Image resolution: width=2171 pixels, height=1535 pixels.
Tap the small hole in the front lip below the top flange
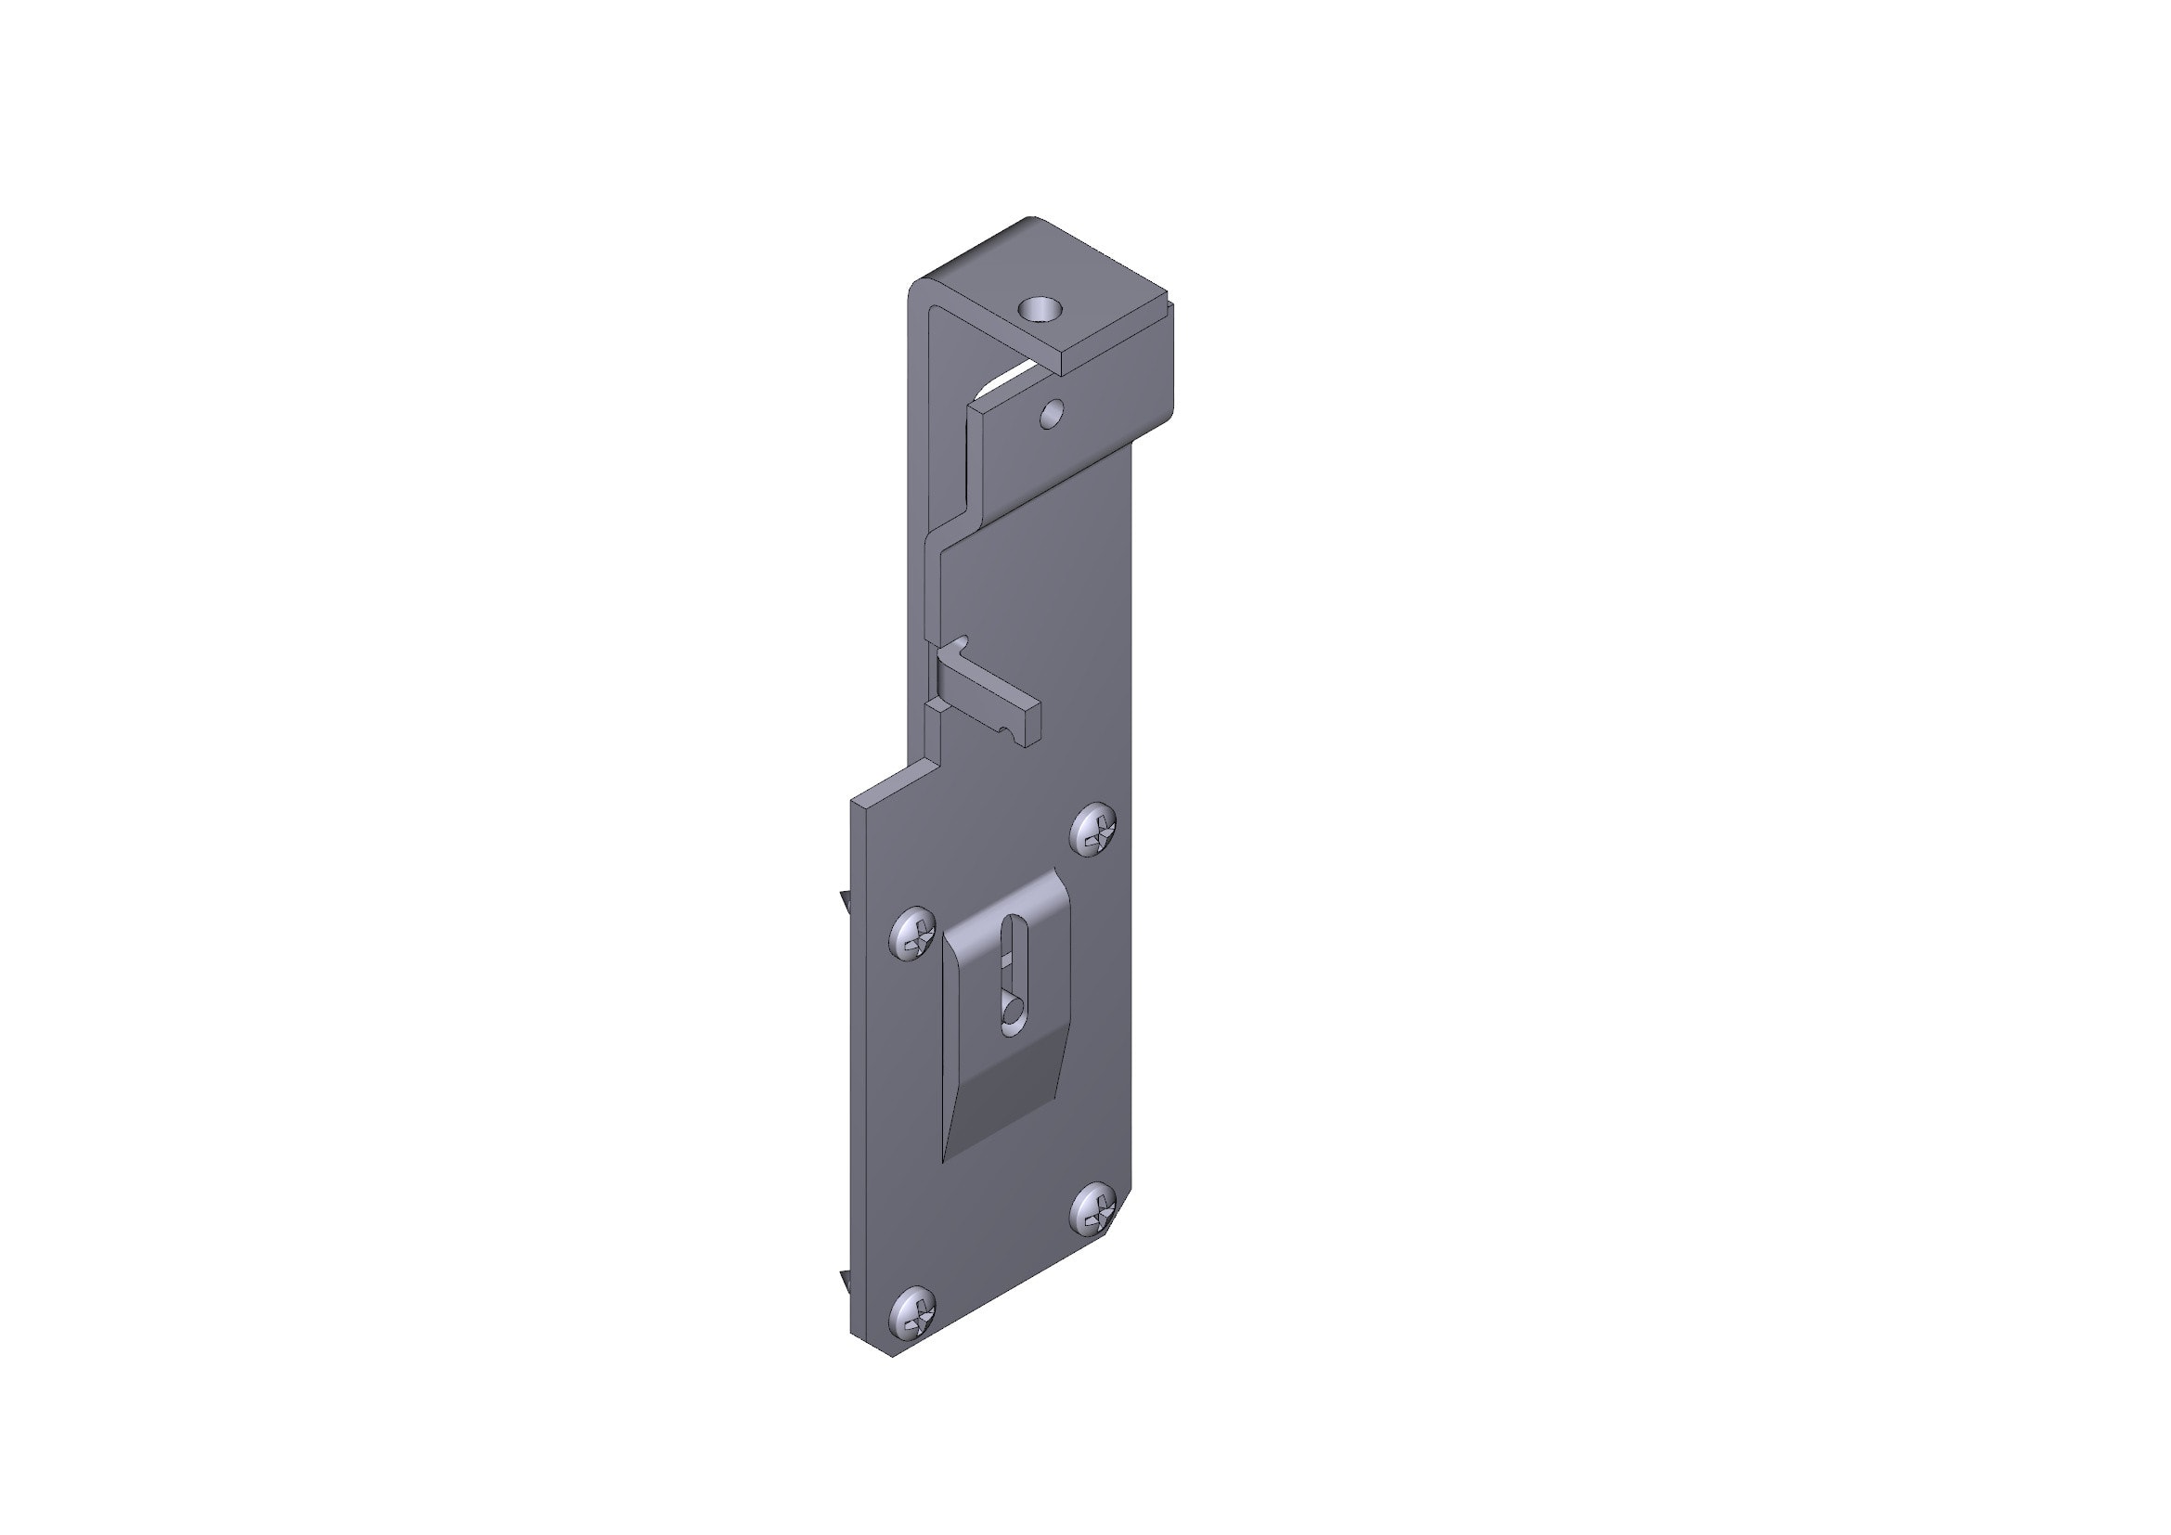tap(1052, 412)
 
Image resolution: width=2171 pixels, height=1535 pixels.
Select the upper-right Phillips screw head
tap(1096, 831)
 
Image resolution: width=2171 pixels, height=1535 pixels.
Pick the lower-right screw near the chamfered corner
tap(1096, 1209)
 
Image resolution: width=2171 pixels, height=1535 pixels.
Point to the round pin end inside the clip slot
tap(1011, 1013)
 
